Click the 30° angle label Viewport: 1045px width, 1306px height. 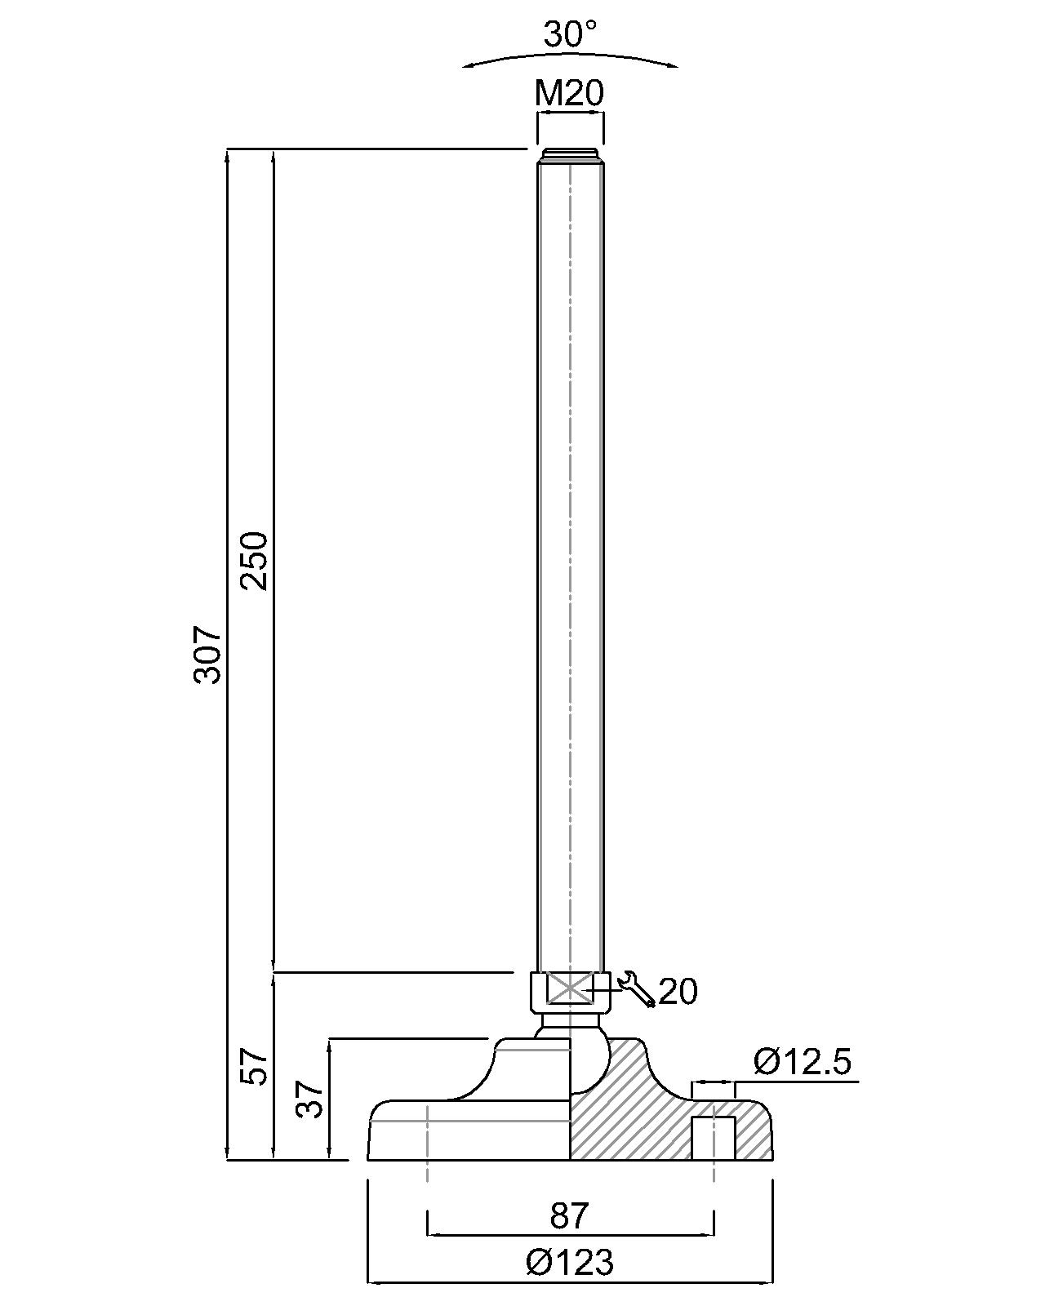570,34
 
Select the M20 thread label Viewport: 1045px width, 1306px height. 569,94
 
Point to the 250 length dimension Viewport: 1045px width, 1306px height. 254,561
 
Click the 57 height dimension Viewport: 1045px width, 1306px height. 256,1066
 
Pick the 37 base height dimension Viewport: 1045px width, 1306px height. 311,1099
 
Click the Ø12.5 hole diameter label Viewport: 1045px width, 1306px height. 803,1062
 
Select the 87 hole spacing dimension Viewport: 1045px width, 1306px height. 569,1215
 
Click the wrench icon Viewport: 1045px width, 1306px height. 636,989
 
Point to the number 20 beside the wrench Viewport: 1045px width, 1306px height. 678,992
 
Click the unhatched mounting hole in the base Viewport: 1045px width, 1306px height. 714,1138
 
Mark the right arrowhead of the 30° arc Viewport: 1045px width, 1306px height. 673,66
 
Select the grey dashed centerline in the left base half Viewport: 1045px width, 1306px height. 427,1143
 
